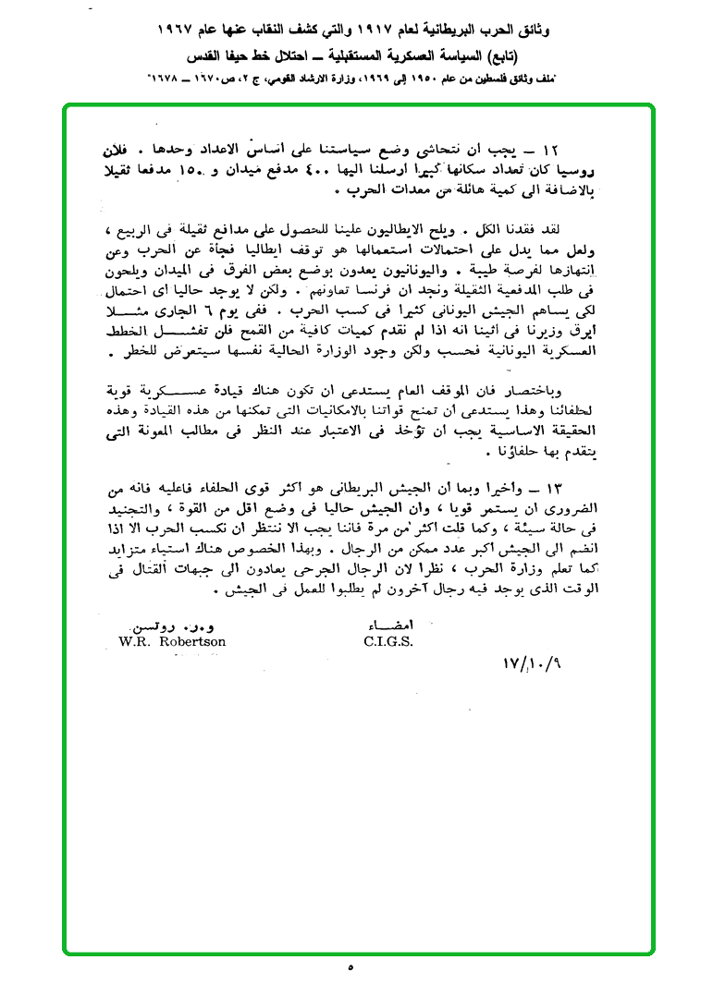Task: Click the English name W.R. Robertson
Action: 172,641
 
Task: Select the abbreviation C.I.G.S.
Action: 388,641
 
